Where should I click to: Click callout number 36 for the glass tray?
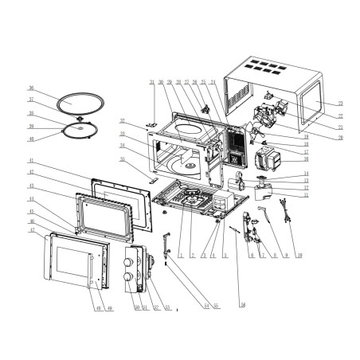30,88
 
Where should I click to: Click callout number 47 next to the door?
31,229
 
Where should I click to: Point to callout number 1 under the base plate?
181,255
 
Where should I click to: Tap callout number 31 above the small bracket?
151,82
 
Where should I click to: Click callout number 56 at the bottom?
242,305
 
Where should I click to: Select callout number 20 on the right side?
340,137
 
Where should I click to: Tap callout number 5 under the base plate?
225,255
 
